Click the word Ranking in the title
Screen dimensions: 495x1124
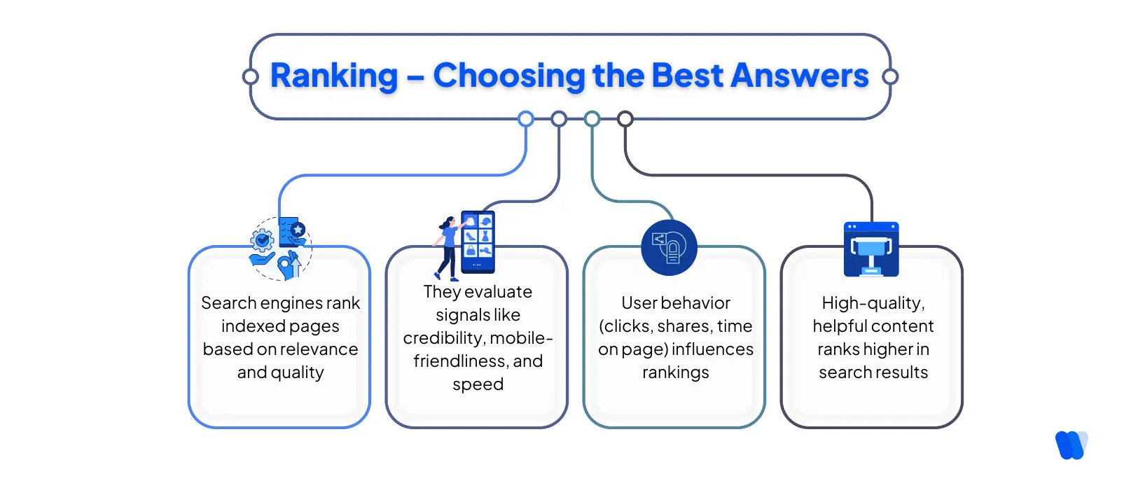tap(334, 76)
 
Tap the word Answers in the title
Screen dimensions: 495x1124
tap(799, 76)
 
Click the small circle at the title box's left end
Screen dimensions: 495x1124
tap(250, 77)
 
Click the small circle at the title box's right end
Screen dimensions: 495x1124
tap(890, 77)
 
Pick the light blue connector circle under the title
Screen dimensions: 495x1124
tap(526, 119)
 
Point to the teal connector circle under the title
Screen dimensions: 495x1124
tap(592, 119)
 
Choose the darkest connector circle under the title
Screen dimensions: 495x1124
tap(625, 119)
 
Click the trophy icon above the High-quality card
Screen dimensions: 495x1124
tap(871, 249)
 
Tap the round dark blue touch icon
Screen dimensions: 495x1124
tap(669, 248)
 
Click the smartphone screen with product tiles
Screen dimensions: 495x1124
tap(478, 241)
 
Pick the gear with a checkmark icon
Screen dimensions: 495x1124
tap(263, 241)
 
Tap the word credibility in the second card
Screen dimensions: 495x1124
tap(443, 338)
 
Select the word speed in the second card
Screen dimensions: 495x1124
tap(478, 384)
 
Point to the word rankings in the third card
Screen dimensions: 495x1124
tap(675, 372)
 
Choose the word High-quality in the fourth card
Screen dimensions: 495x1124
tap(873, 303)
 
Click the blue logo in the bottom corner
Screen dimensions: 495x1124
tap(1071, 445)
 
